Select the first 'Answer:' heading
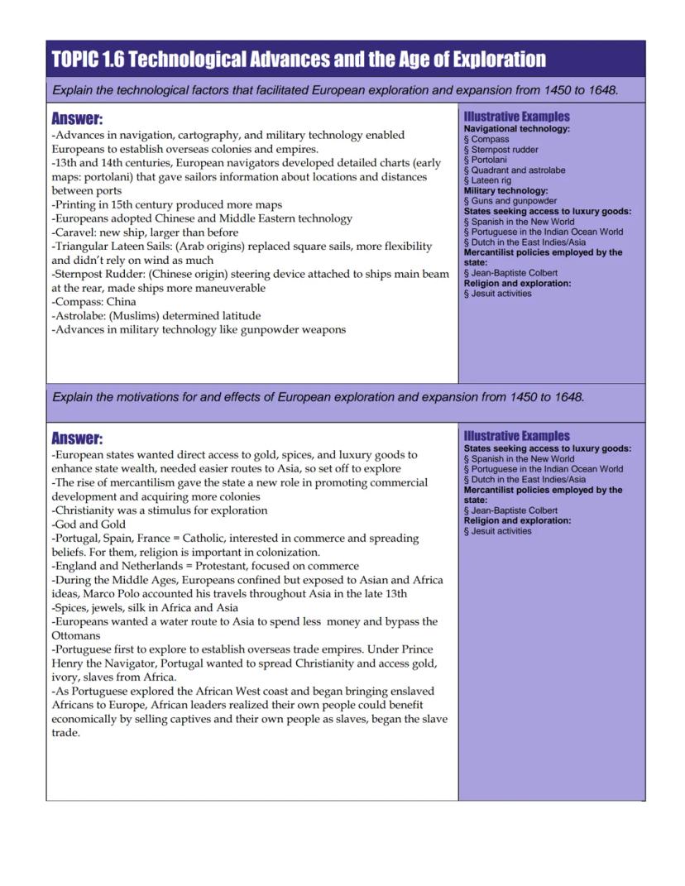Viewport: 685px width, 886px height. (77, 119)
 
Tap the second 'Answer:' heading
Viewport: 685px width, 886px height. (77, 438)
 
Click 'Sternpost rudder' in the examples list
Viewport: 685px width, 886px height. (504, 150)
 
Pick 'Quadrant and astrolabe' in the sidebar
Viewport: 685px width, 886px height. (518, 170)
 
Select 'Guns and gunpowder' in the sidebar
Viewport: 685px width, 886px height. (513, 201)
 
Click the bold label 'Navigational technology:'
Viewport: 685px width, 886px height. (516, 129)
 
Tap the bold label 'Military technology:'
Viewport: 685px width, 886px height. (505, 190)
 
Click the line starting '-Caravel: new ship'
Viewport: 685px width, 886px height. (145, 232)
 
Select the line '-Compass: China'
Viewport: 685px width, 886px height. (93, 302)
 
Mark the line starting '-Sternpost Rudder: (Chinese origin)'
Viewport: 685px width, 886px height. (248, 274)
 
